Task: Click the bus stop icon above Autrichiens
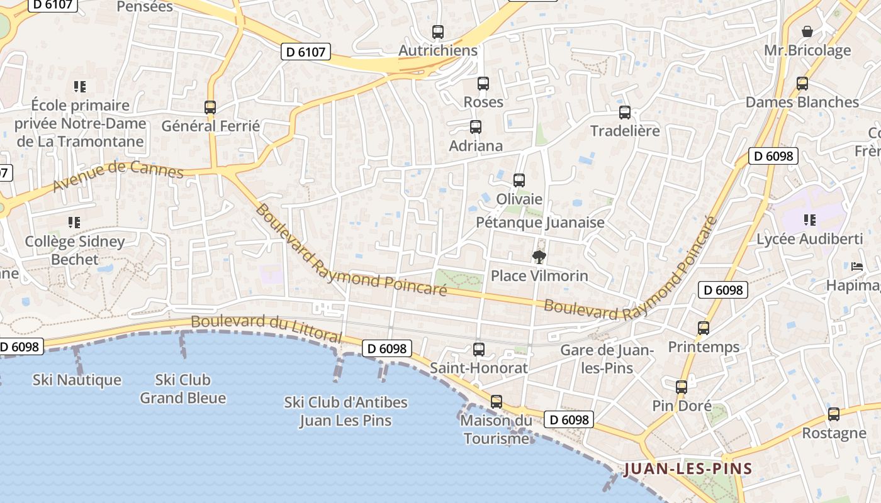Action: (438, 31)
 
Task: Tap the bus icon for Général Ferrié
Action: (210, 108)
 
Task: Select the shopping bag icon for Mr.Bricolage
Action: (807, 31)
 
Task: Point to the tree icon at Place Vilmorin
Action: (539, 257)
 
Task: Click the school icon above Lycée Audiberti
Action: (809, 220)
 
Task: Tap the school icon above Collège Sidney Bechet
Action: (74, 222)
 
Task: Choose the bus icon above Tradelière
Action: (624, 113)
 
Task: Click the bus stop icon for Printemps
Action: (704, 328)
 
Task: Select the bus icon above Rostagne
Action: (834, 414)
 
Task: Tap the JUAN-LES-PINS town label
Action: (688, 469)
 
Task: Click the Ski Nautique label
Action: (77, 380)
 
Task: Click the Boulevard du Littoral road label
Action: (266, 328)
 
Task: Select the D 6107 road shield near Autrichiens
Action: (306, 52)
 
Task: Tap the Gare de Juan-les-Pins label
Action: (607, 358)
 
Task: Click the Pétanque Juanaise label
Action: (540, 223)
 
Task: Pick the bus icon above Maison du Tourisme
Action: (497, 402)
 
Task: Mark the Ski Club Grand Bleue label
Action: (182, 389)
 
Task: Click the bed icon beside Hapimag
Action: (857, 267)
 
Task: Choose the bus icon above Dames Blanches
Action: (802, 84)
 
